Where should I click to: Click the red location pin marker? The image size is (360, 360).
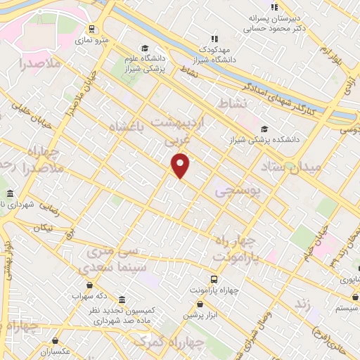point(181,166)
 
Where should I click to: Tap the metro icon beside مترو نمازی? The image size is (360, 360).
point(91,29)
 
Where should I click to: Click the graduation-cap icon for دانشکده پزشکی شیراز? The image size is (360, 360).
point(264,129)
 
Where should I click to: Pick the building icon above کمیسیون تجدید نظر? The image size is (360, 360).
point(123,300)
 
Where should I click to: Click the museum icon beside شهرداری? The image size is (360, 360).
point(9,193)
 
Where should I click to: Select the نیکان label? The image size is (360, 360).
point(44,229)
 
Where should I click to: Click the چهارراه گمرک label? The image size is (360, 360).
point(169,342)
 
